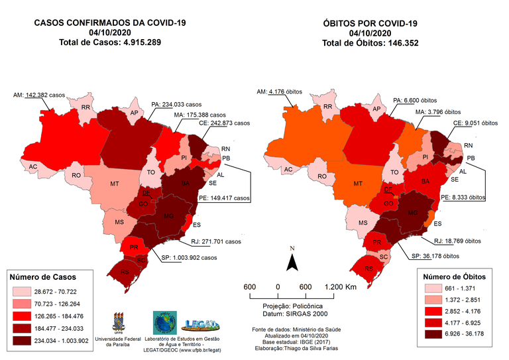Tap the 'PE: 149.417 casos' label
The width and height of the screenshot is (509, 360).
tap(225, 197)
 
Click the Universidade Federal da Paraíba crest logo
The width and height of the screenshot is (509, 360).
tap(121, 322)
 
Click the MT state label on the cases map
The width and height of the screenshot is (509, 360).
tap(114, 182)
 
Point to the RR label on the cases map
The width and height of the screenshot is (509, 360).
tap(85, 107)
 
